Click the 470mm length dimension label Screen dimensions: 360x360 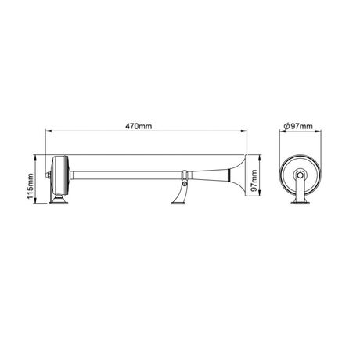tap(139, 126)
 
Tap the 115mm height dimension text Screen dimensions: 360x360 tap(31, 185)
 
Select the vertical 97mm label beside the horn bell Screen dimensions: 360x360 tap(254, 180)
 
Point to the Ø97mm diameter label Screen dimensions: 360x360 tap(297, 126)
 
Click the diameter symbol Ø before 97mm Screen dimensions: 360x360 tap(286, 126)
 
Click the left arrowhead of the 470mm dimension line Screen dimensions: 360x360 tap(48, 131)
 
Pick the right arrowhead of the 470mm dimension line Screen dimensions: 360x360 tap(244, 131)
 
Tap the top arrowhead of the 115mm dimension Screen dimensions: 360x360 tap(35, 157)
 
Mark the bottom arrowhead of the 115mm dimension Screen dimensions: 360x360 tap(35, 201)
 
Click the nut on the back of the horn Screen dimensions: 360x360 tap(49, 175)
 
